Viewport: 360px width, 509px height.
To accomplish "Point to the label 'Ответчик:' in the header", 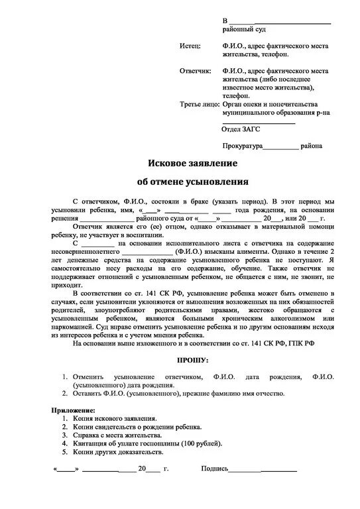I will click(x=195, y=70).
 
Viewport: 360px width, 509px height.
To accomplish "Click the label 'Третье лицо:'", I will click(x=199, y=105).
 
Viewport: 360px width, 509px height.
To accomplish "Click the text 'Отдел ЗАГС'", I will click(x=241, y=129).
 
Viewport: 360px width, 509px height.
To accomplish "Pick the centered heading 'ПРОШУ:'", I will click(x=193, y=360).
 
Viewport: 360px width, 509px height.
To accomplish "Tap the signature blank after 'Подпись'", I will click(x=263, y=470).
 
